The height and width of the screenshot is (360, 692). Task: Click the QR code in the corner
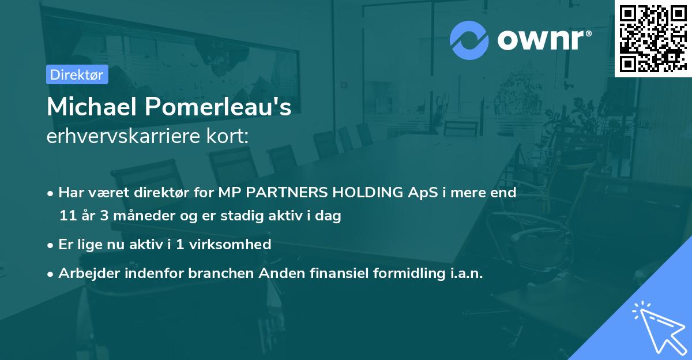[653, 38]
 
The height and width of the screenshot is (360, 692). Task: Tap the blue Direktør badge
[77, 74]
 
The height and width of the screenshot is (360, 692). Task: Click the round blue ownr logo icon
[469, 40]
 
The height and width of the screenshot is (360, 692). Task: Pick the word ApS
[419, 193]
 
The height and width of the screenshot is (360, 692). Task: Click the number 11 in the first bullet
[67, 216]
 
